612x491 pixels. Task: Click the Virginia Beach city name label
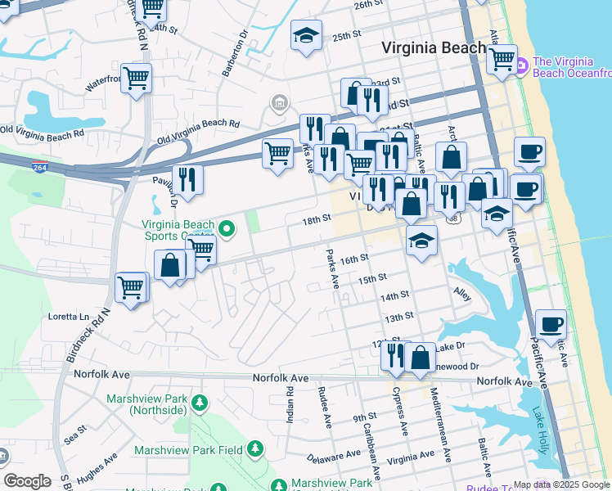pyautogui.click(x=434, y=48)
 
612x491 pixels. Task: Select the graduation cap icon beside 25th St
pyautogui.click(x=306, y=37)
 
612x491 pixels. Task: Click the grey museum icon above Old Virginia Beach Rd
pyautogui.click(x=280, y=103)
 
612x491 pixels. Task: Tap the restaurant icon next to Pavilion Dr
pyautogui.click(x=188, y=179)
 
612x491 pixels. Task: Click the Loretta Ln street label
pyautogui.click(x=69, y=316)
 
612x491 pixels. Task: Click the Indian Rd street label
pyautogui.click(x=290, y=405)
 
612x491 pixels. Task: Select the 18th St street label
pyautogui.click(x=316, y=219)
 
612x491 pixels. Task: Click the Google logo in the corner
pyautogui.click(x=27, y=481)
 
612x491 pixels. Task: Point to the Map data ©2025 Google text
pyautogui.click(x=561, y=484)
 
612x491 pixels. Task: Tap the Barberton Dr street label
pyautogui.click(x=235, y=54)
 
